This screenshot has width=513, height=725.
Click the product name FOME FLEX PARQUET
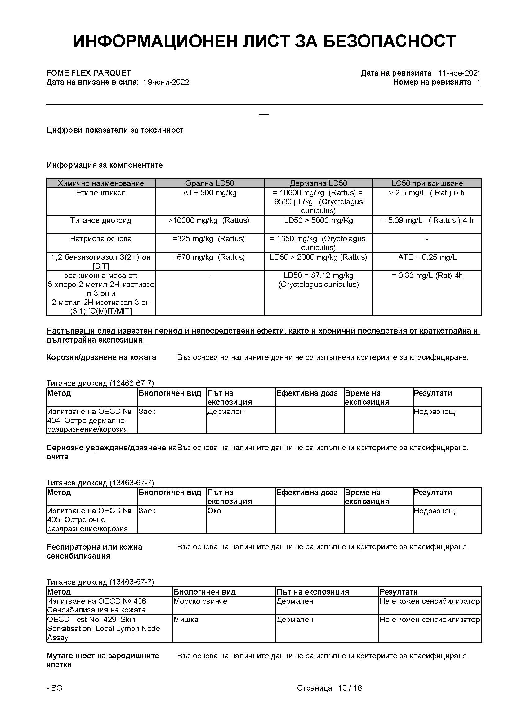pyautogui.click(x=88, y=73)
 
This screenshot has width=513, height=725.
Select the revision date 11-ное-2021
pyautogui.click(x=459, y=73)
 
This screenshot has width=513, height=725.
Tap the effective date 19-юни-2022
pyautogui.click(x=166, y=82)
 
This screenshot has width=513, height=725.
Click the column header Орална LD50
pyautogui.click(x=209, y=183)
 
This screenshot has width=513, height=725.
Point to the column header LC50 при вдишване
pyautogui.click(x=427, y=183)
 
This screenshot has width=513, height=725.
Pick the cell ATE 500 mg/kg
pyautogui.click(x=209, y=193)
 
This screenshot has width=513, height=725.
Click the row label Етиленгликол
pyautogui.click(x=101, y=193)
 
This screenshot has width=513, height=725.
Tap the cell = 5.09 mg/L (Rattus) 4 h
pyautogui.click(x=427, y=220)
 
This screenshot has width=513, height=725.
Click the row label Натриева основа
pyautogui.click(x=101, y=239)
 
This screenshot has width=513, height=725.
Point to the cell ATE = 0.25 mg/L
pyautogui.click(x=427, y=257)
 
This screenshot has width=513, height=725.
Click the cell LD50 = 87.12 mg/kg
pyautogui.click(x=318, y=276)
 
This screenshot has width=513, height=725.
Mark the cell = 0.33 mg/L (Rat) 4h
pyautogui.click(x=427, y=276)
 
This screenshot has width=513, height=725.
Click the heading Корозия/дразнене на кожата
pyautogui.click(x=101, y=357)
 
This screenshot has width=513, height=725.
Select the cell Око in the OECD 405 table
pyautogui.click(x=214, y=511)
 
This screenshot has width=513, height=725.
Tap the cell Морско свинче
pyautogui.click(x=200, y=601)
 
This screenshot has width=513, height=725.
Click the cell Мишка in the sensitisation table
pyautogui.click(x=186, y=620)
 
